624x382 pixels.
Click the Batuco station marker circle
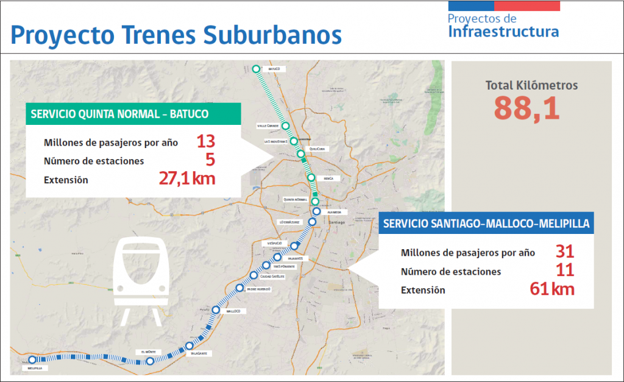click(256, 69)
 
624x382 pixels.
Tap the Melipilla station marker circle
click(32, 360)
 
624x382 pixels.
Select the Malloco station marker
click(216, 310)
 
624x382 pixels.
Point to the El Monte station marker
click(150, 361)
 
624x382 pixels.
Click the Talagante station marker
click(189, 347)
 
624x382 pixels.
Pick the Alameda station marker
click(316, 211)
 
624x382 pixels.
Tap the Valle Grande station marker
click(285, 126)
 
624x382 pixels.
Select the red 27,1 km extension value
click(187, 178)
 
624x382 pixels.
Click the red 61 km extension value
click(552, 288)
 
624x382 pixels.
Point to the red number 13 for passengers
click(205, 142)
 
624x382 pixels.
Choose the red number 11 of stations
click(565, 270)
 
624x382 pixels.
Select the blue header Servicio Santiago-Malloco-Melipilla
click(486, 224)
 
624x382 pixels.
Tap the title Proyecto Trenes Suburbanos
click(175, 34)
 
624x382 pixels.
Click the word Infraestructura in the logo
click(503, 31)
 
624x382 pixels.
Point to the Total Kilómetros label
click(531, 85)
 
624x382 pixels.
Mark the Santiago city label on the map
click(337, 222)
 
